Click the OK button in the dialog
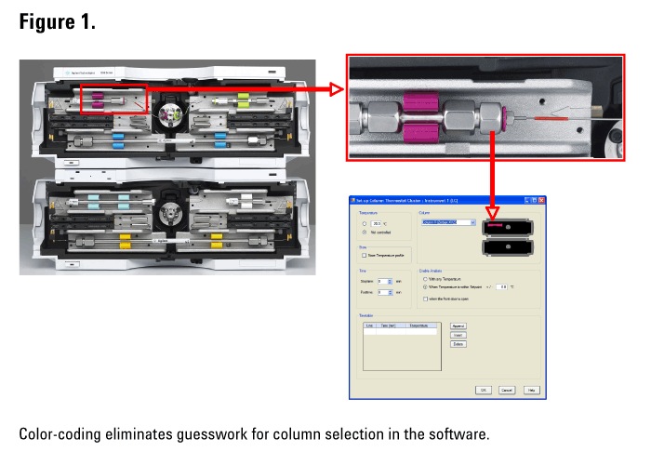pyautogui.click(x=485, y=390)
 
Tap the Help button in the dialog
pyautogui.click(x=531, y=390)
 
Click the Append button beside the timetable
pyautogui.click(x=458, y=326)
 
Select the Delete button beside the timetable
pyautogui.click(x=458, y=344)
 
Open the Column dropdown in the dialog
pyautogui.click(x=472, y=223)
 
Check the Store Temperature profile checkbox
pyautogui.click(x=363, y=254)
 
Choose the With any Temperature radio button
pyautogui.click(x=425, y=278)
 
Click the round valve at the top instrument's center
pyautogui.click(x=168, y=114)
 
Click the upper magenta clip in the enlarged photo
pyautogui.click(x=416, y=100)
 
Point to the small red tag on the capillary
pyautogui.click(x=550, y=120)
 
